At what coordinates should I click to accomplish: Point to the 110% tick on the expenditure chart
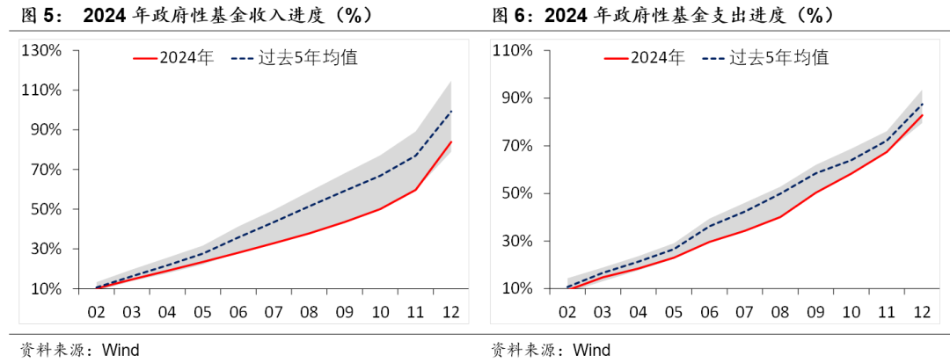[513, 50]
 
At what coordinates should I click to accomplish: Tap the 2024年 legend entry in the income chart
[173, 59]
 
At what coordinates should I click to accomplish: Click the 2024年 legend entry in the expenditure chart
[644, 58]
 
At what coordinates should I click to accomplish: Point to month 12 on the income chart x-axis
[451, 312]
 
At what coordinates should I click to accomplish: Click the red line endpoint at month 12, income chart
[451, 142]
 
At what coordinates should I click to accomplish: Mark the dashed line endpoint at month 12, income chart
[451, 111]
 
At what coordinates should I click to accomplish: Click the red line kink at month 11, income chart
[415, 190]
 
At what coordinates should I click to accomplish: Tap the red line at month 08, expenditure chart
[779, 216]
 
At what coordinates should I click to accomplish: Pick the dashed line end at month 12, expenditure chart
[922, 104]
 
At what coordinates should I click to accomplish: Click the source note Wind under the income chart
[121, 350]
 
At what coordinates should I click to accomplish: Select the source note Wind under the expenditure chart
[591, 350]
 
